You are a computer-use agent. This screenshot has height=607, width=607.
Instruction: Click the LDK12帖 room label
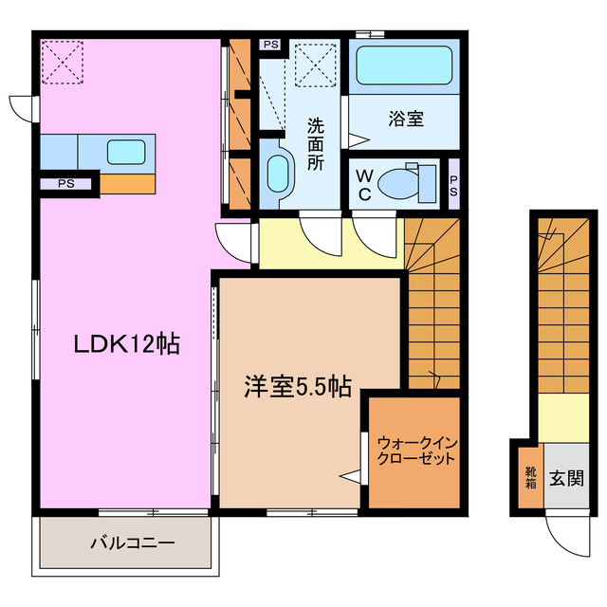(128, 346)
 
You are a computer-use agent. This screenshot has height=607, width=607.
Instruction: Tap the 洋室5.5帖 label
(298, 386)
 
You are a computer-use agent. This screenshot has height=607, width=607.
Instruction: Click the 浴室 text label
(405, 120)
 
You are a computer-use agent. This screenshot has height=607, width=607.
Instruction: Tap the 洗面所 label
(316, 142)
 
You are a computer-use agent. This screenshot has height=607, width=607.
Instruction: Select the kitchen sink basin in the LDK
(126, 151)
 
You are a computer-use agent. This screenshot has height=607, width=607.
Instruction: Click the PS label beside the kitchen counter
(65, 184)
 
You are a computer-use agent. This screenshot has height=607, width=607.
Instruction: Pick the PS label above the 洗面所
(271, 45)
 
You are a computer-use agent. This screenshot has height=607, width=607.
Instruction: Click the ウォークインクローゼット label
(415, 450)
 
